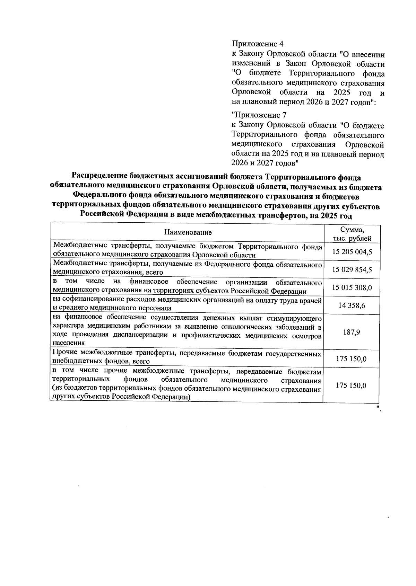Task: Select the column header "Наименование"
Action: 188,232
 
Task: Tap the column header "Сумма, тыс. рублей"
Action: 352,234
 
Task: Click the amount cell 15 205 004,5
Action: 352,252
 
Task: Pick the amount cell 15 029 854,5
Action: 352,269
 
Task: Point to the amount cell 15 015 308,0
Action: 352,287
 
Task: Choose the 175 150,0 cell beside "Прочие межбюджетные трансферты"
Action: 351,359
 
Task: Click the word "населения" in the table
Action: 69,343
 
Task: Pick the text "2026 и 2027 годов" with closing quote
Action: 265,162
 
